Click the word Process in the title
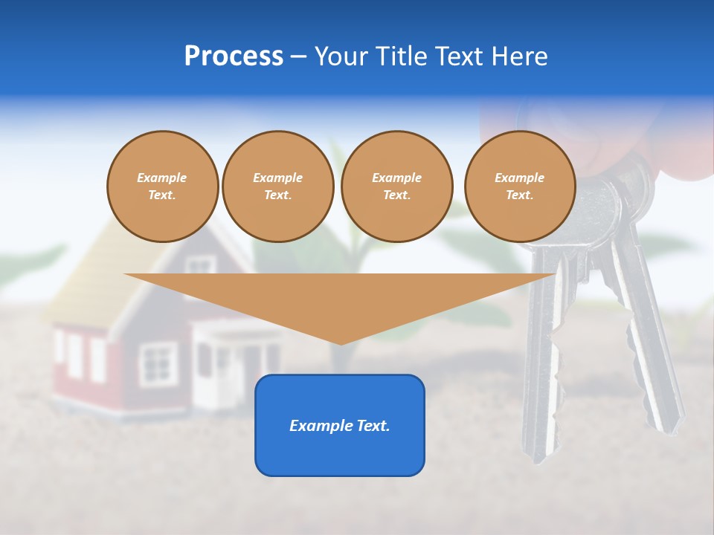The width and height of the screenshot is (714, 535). tap(234, 56)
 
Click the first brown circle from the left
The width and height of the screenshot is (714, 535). tap(163, 187)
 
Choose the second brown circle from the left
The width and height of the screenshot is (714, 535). tap(278, 187)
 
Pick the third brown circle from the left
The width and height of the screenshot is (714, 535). tap(397, 187)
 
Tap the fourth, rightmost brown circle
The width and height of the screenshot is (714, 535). tap(520, 187)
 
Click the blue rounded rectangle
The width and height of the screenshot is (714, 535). tap(340, 453)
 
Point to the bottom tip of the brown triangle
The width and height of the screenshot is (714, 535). tap(341, 343)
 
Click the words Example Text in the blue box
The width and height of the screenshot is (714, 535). tap(340, 426)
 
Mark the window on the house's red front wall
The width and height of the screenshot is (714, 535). tap(158, 364)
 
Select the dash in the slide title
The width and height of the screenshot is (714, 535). tap(298, 56)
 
